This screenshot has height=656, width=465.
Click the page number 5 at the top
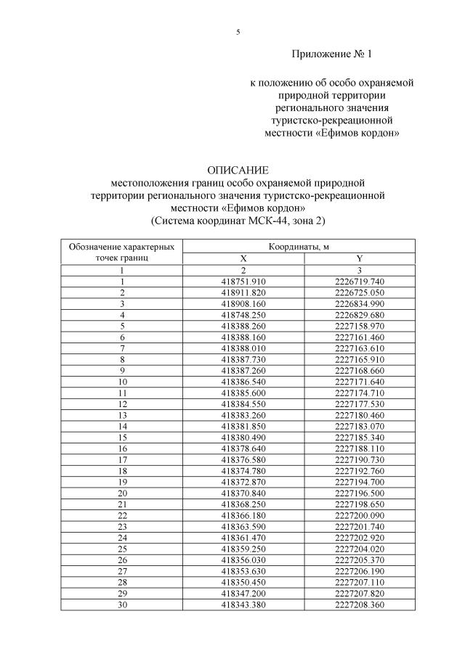(238, 32)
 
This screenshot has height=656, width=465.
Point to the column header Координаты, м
(299, 247)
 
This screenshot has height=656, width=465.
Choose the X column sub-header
(243, 258)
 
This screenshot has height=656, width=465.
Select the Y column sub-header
(359, 258)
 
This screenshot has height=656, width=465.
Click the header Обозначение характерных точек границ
(121, 253)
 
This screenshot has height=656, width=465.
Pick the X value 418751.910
(243, 282)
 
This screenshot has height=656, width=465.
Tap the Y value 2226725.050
(359, 292)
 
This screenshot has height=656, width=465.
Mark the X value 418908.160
(243, 303)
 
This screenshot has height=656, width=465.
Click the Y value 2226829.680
(359, 315)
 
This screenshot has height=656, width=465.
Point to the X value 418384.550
(243, 403)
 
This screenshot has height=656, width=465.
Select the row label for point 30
(122, 604)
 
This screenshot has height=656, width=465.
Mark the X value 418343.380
(243, 604)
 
